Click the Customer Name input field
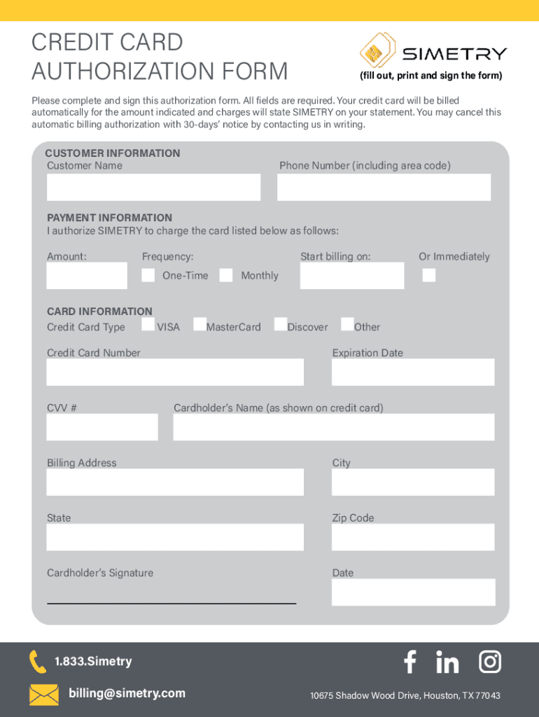tap(153, 187)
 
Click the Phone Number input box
tap(384, 187)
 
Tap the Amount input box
tap(87, 276)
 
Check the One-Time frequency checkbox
tap(148, 275)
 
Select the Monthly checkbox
tap(226, 275)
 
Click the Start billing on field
tap(352, 276)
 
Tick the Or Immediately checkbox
tap(429, 275)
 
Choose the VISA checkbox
tap(148, 324)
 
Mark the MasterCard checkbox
tap(199, 324)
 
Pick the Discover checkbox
tap(281, 324)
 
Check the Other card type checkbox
tap(347, 324)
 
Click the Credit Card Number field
tap(175, 372)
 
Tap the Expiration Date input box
tap(413, 372)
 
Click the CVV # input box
tap(102, 426)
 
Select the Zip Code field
tap(413, 537)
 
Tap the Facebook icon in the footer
tap(410, 662)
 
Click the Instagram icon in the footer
tap(490, 662)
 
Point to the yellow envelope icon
tap(43, 695)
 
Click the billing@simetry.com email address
tap(127, 693)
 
